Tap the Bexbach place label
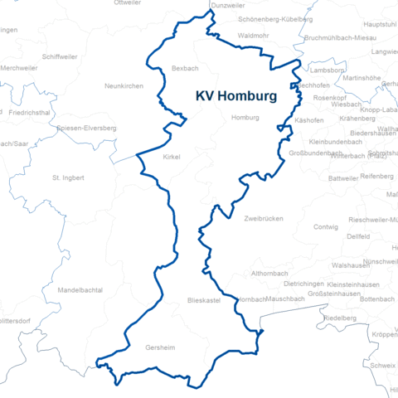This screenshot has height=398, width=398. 185,67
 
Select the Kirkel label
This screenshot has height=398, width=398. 172,156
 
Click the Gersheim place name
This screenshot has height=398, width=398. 160,348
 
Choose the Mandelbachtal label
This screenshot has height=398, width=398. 80,290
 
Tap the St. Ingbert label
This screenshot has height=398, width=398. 68,177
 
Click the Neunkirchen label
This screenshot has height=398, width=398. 124,85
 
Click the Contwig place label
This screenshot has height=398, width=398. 326,226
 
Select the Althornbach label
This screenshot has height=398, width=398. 271,273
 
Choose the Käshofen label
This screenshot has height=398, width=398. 309,120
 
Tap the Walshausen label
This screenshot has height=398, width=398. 350,265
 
